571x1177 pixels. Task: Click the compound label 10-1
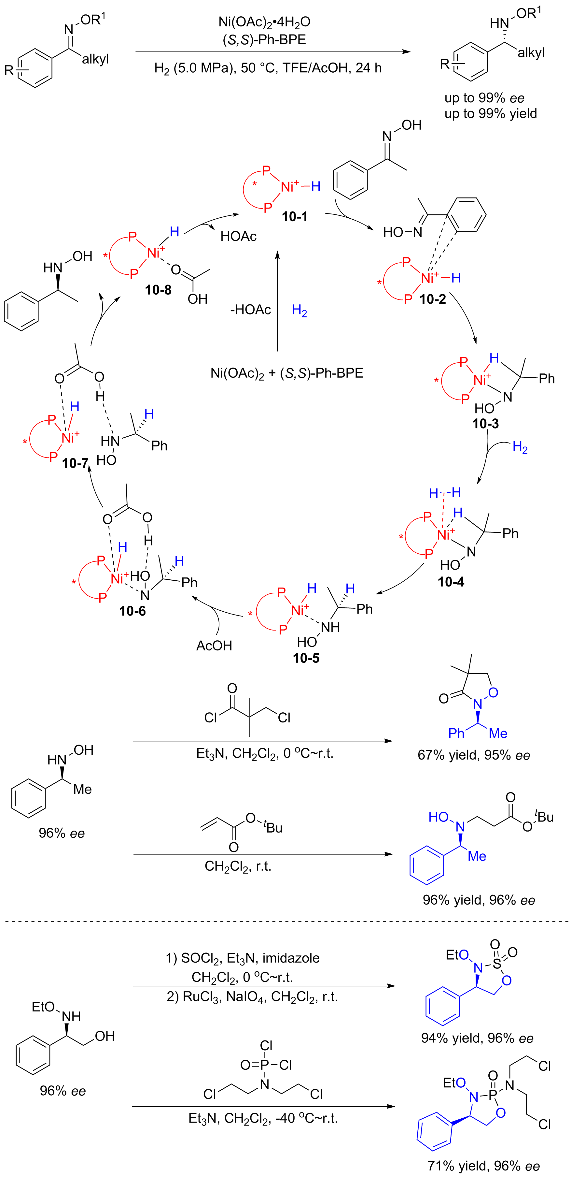[x=294, y=216]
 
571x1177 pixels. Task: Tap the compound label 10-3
[x=485, y=424]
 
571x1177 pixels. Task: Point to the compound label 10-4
[x=451, y=582]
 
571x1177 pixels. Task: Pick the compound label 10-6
[x=132, y=611]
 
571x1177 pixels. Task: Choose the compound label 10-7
[x=75, y=463]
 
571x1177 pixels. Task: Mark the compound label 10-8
[x=158, y=290]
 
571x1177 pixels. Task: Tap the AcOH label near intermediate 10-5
[x=214, y=646]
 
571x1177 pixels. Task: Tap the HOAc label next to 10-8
[x=238, y=236]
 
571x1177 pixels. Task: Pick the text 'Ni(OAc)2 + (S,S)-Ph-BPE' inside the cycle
[x=287, y=374]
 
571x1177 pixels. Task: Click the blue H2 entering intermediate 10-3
[x=520, y=447]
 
